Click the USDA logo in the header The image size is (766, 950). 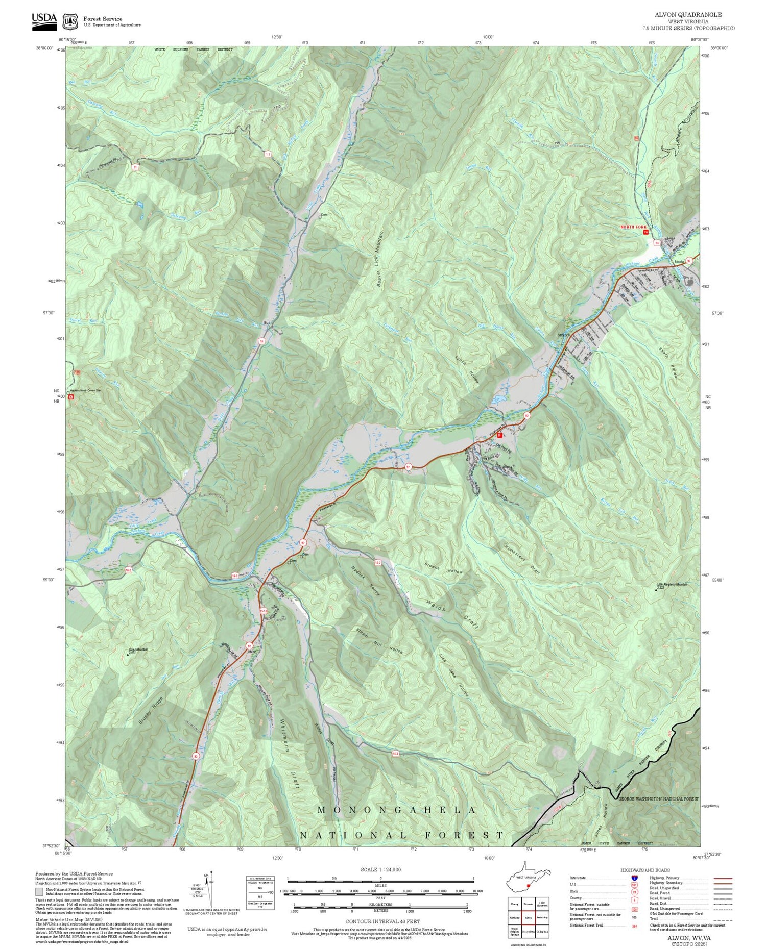pyautogui.click(x=44, y=20)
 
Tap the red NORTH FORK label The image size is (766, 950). pyautogui.click(x=633, y=227)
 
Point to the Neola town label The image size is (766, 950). pyautogui.click(x=679, y=262)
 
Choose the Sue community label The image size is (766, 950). pyautogui.click(x=266, y=323)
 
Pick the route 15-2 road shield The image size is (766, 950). pyautogui.click(x=377, y=563)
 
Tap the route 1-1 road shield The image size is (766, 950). pyautogui.click(x=268, y=154)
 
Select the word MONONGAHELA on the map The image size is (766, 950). pyautogui.click(x=397, y=810)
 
